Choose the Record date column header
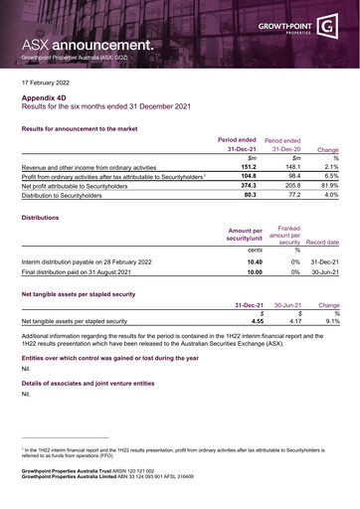(x=322, y=269)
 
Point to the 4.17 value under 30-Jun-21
(x=294, y=349)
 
